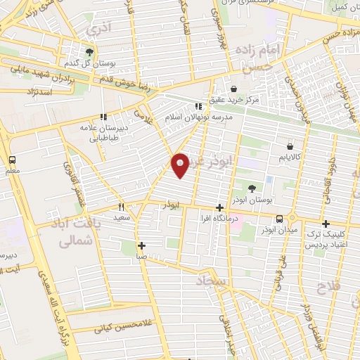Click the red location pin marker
click(x=181, y=165)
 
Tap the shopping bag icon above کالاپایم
click(x=290, y=147)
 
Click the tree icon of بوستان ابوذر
click(x=252, y=188)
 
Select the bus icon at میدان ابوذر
click(x=280, y=219)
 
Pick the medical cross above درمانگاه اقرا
click(x=221, y=207)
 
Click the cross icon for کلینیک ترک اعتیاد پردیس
click(x=326, y=223)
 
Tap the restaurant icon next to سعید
click(x=121, y=207)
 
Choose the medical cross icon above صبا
click(x=142, y=245)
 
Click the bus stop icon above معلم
click(x=12, y=160)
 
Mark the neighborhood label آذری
click(x=93, y=31)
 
